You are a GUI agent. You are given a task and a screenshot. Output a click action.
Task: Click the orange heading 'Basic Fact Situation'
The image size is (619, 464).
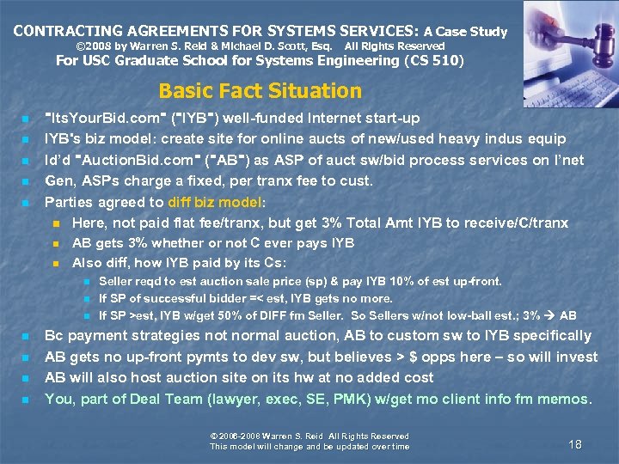260,91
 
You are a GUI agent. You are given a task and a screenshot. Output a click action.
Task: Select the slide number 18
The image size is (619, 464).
575,443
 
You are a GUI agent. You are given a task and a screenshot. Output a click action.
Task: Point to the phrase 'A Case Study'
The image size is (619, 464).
465,32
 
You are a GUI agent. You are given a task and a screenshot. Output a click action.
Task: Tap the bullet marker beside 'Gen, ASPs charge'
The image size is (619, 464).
26,181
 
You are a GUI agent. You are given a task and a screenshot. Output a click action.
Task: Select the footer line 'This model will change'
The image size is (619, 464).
309,446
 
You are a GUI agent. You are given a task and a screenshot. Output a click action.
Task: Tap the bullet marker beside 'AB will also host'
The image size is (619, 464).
26,378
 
